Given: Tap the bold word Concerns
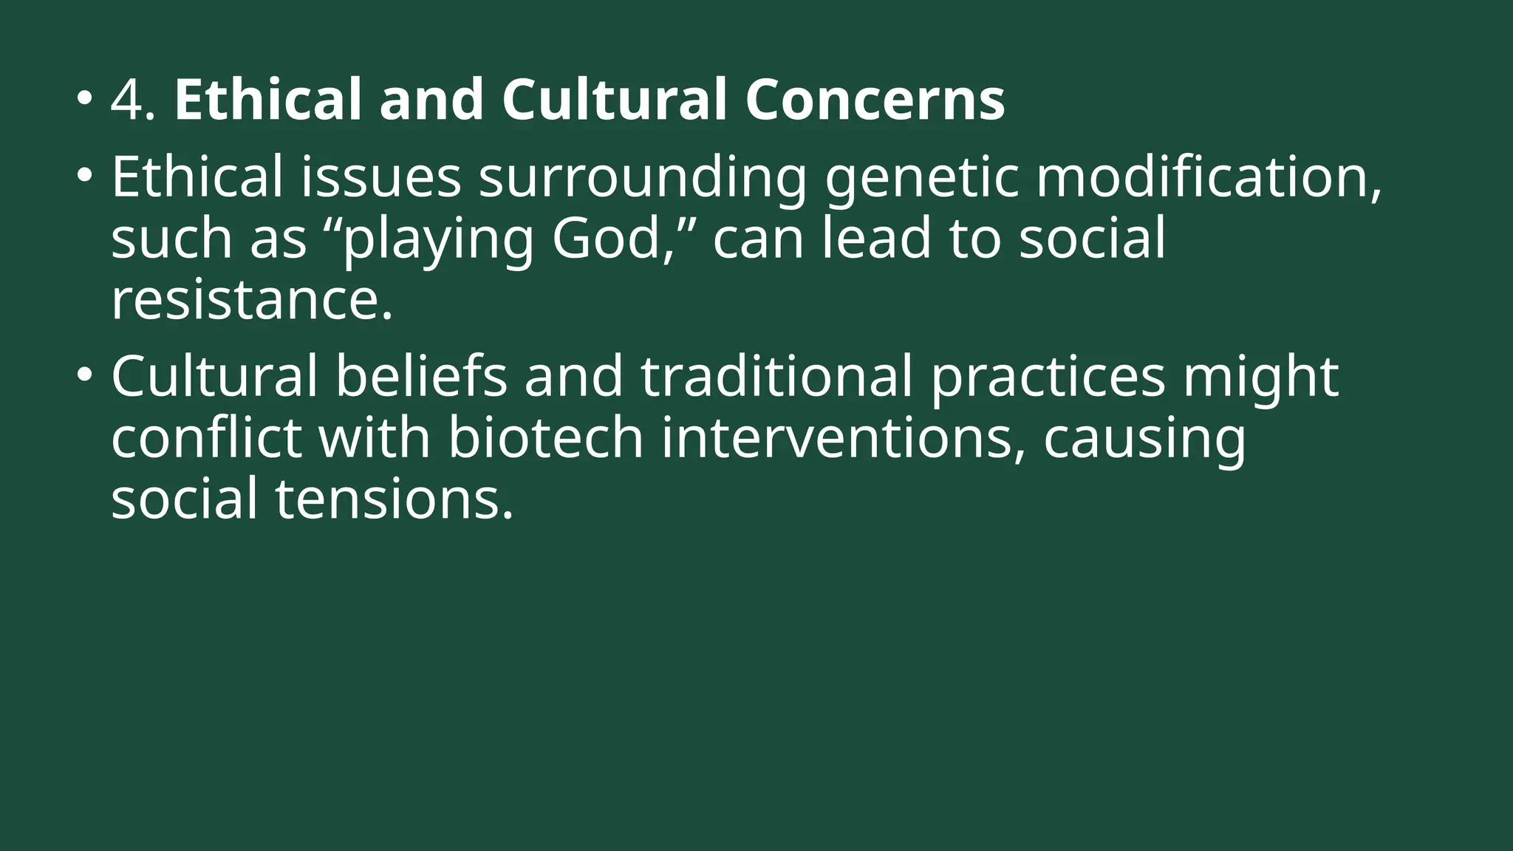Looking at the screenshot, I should pos(875,100).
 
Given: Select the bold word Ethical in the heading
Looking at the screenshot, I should pos(267,100).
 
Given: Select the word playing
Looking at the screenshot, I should pos(437,241).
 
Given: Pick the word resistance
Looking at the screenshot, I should pos(251,300).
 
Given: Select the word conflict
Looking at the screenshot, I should pos(206,437).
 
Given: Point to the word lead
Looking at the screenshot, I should pos(876,239).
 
